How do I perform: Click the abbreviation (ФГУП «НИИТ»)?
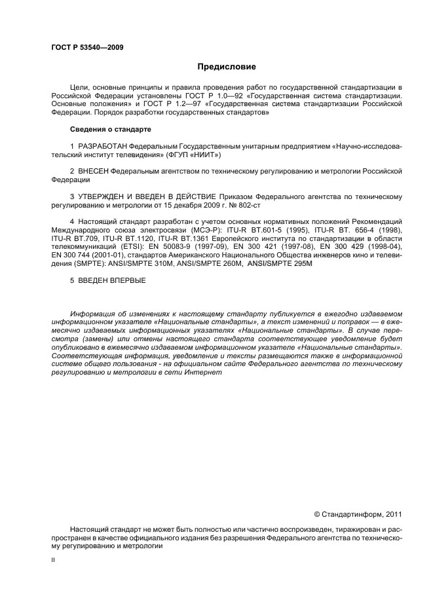(x=193, y=155)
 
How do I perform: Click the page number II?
(x=53, y=561)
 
